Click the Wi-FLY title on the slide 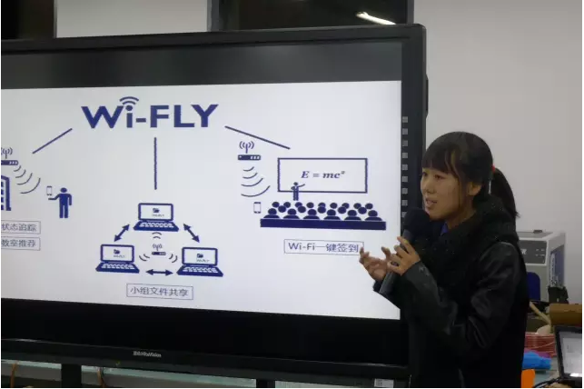coord(150,115)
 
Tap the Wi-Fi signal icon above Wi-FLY coord(128,101)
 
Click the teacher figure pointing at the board coord(296,190)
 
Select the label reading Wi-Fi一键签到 coord(323,246)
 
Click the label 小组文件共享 coord(160,291)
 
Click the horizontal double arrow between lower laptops coord(159,272)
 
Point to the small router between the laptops coord(157,247)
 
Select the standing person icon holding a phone coord(62,201)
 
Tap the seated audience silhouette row coord(322,214)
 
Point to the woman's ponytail coord(501,190)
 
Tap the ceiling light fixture coord(375,17)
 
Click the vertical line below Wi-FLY coord(155,164)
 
